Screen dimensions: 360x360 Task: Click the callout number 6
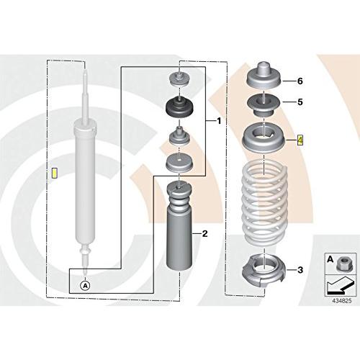click(x=300, y=81)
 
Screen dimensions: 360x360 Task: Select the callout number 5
click(x=300, y=102)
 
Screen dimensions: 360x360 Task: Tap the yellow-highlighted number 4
click(x=300, y=140)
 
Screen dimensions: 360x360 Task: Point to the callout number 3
click(x=300, y=270)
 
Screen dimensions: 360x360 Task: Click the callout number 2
click(x=204, y=233)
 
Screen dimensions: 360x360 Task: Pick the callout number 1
click(x=219, y=121)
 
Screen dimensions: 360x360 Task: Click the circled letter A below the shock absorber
click(x=85, y=286)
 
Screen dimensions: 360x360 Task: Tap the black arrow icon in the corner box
click(x=341, y=285)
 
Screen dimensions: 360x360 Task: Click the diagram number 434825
click(x=342, y=300)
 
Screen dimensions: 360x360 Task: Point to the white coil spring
click(x=264, y=205)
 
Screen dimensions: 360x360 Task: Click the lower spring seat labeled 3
click(x=264, y=271)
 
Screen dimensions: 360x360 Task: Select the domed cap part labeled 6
click(x=264, y=76)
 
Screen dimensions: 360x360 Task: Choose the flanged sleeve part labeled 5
click(x=264, y=106)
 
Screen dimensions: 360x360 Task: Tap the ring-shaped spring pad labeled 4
click(x=264, y=138)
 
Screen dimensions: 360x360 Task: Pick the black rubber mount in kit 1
click(x=179, y=107)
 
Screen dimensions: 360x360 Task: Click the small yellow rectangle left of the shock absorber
click(x=55, y=174)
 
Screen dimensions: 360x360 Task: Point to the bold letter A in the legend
click(x=330, y=259)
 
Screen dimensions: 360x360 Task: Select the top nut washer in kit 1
click(x=179, y=79)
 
